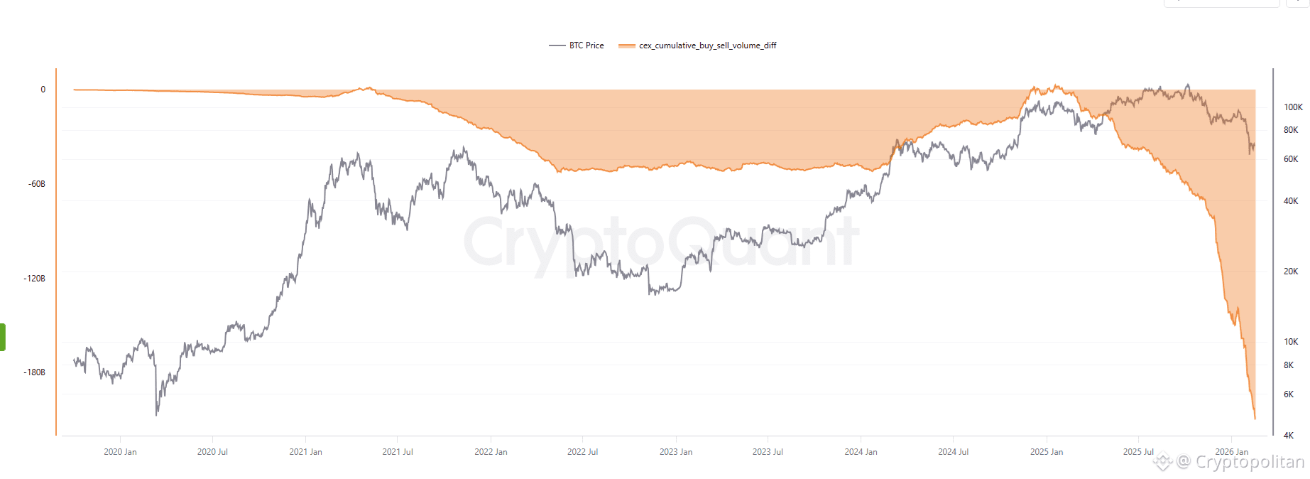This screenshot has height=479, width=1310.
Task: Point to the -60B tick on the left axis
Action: [37, 184]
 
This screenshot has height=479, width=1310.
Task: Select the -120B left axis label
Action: [35, 279]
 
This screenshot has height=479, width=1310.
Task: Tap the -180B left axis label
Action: [35, 372]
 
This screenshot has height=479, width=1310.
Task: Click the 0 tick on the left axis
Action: [43, 90]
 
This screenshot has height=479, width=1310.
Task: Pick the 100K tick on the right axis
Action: [1293, 107]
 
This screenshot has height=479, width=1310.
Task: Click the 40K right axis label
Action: [1291, 201]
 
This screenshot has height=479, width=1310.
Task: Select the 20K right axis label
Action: [1291, 271]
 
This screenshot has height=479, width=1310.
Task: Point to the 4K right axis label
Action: [1289, 436]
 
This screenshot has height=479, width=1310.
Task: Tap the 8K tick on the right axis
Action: [1289, 365]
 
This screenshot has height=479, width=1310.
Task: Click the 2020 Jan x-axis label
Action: [120, 452]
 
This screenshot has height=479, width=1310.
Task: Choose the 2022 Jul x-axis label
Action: [582, 452]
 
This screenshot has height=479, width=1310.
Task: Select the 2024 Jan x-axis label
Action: [861, 452]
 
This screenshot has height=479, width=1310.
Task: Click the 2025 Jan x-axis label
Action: [1047, 452]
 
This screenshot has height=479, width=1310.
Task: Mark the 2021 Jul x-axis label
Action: [398, 452]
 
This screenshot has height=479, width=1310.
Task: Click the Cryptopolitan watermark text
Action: [1249, 462]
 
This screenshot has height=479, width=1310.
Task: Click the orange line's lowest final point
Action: [1255, 419]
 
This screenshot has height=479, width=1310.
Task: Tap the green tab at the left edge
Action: [3, 337]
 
